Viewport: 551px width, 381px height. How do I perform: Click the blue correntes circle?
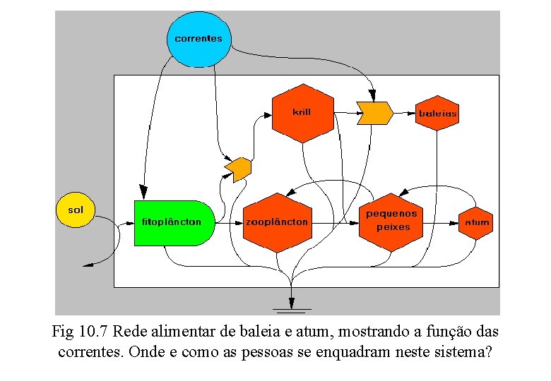tap(199, 39)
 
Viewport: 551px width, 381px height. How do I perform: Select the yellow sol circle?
tap(75, 210)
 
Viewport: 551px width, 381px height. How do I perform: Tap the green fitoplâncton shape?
tap(172, 222)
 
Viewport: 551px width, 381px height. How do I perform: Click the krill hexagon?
tap(302, 113)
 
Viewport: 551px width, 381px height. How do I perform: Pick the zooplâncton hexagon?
tap(277, 222)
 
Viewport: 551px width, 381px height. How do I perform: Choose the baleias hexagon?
tap(437, 113)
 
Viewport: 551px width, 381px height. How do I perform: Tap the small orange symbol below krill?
tap(238, 169)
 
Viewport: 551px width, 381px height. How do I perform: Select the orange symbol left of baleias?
tap(374, 113)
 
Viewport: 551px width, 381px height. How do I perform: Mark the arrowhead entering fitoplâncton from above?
tap(143, 191)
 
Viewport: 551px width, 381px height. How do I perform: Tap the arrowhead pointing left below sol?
tap(89, 265)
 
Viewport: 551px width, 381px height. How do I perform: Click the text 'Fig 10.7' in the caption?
tap(80, 331)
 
